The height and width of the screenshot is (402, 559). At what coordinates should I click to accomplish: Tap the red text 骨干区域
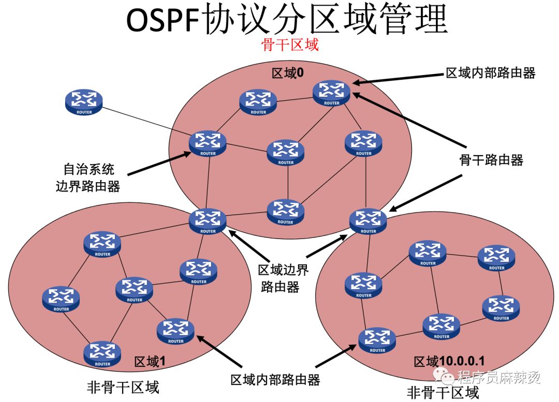[x=289, y=45]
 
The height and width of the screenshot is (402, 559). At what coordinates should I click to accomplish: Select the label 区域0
[x=288, y=73]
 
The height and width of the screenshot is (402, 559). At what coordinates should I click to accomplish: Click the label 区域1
[x=150, y=362]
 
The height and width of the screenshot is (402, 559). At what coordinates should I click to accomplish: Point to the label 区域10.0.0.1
[x=449, y=361]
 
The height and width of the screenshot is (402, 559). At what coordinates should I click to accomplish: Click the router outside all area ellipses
[x=84, y=102]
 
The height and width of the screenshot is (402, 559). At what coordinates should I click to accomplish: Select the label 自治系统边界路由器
[x=88, y=177]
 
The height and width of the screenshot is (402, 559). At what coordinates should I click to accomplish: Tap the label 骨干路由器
[x=491, y=160]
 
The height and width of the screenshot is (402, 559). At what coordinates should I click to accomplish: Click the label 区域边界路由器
[x=283, y=278]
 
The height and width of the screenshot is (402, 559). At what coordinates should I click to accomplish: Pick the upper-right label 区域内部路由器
[x=491, y=73]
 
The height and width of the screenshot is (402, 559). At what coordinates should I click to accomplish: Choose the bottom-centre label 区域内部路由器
[x=275, y=380]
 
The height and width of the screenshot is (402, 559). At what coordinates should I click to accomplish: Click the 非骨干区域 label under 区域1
[x=123, y=388]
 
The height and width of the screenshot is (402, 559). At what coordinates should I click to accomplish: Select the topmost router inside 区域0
[x=332, y=93]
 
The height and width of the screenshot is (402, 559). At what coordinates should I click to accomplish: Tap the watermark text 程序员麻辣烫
[x=499, y=377]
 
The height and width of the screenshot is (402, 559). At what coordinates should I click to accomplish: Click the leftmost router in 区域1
[x=61, y=299]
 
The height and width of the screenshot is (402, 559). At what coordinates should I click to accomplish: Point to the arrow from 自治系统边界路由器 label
[x=160, y=163]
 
